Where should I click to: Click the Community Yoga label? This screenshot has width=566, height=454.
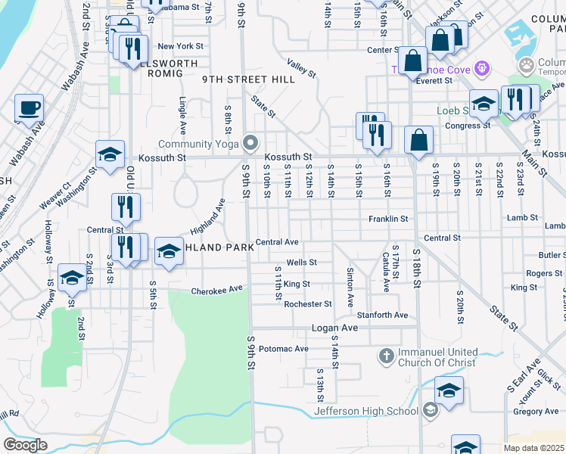coord(200,144)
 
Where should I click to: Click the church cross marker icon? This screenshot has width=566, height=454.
coord(385,355)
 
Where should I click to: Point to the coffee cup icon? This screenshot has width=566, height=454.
coord(29,108)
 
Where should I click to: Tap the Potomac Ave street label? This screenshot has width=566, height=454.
coord(284,349)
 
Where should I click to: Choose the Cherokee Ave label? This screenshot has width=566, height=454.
coord(216,290)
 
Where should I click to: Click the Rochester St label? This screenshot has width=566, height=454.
coord(308,304)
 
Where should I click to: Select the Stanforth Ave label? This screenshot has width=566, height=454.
coord(383,315)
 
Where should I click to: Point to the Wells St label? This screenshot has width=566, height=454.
coord(300,263)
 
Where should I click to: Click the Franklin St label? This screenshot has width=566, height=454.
coord(388,219)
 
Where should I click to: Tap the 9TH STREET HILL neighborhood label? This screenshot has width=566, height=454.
coord(238,79)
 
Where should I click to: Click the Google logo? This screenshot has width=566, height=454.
coord(25,445)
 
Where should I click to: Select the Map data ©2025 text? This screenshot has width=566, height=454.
coord(534,448)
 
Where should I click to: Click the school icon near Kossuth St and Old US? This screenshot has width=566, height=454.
coord(110,155)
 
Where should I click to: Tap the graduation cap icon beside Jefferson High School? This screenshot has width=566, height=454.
coord(449,391)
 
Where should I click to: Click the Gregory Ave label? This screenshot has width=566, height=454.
coord(536,412)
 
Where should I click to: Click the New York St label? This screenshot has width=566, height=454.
coord(176,46)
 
